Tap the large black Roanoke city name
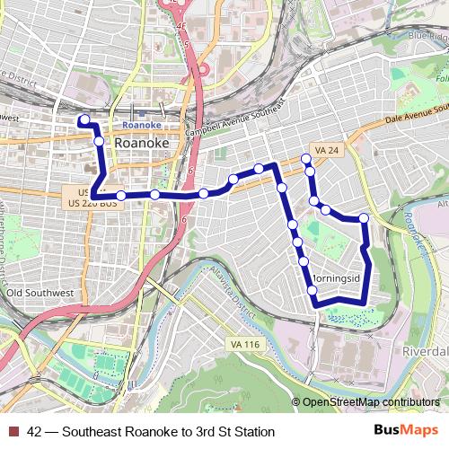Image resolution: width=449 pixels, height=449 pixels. (142, 143)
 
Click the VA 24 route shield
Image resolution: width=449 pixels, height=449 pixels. (323, 149)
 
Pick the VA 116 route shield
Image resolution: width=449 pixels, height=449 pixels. (245, 345)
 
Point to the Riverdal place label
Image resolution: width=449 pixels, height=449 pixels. (425, 349)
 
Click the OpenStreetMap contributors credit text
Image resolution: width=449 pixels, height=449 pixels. (370, 403)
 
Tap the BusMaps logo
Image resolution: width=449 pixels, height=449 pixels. (400, 432)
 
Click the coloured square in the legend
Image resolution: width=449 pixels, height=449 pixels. (13, 432)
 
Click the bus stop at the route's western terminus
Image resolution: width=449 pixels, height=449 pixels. (84, 119)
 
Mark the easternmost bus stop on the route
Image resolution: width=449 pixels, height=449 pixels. (364, 218)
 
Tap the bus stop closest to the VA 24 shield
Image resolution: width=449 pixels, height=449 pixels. (307, 159)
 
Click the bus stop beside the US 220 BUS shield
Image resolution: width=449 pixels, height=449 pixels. (120, 195)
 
